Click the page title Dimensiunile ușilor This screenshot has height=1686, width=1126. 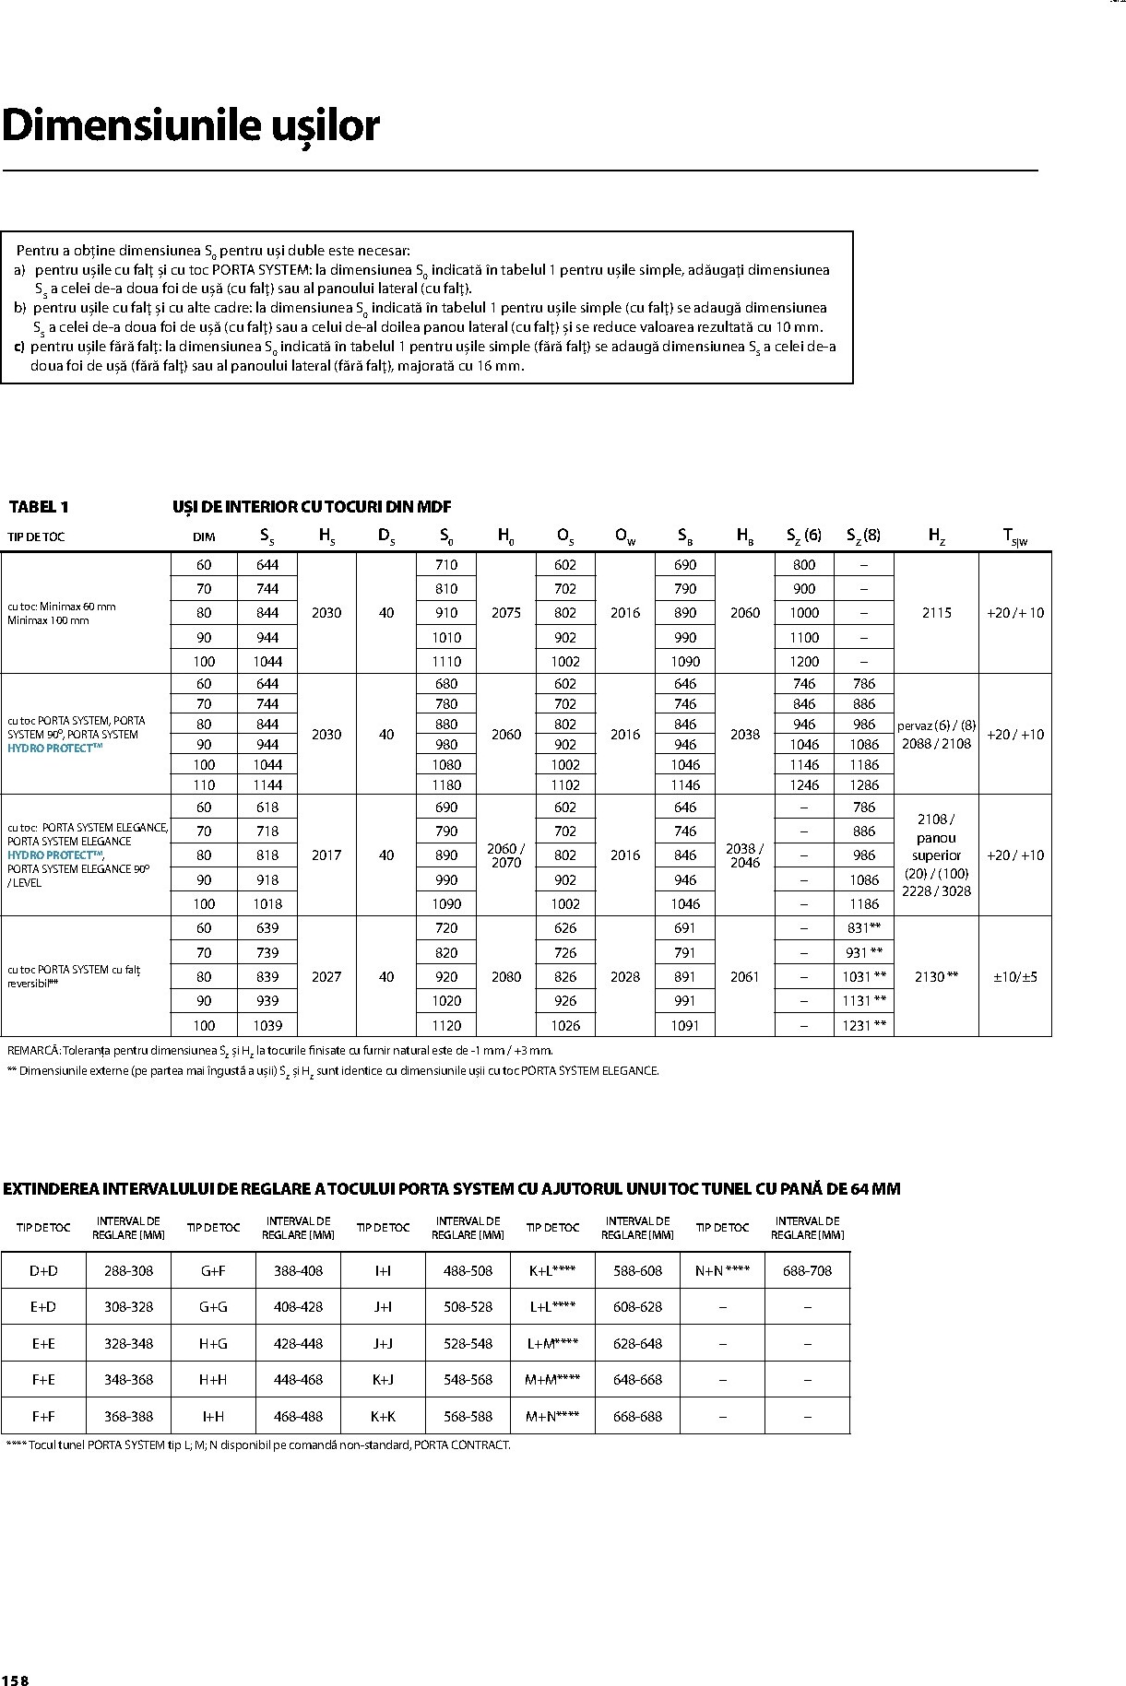pos(191,126)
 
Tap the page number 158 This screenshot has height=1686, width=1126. pos(16,1679)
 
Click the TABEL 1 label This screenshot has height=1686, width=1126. pos(39,506)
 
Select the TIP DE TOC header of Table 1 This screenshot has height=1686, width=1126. pos(36,536)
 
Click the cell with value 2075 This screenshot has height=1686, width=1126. pos(505,612)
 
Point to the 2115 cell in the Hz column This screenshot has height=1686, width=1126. pos(936,612)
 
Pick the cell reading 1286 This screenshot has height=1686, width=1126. pos(864,784)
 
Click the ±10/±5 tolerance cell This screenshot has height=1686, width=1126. pos(1014,976)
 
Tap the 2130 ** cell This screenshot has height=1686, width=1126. pos(936,976)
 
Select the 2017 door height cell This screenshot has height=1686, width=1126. pos(326,855)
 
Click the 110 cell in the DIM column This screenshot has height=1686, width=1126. pos(204,784)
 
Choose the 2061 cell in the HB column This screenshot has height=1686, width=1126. pos(744,976)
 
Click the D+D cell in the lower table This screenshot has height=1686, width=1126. pos(43,1270)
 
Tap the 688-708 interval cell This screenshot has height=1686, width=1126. pos(807,1270)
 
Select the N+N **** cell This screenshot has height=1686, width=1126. pos(722,1270)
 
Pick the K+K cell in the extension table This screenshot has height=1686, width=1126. pos(383,1416)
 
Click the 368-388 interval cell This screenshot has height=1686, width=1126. pos(128,1416)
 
